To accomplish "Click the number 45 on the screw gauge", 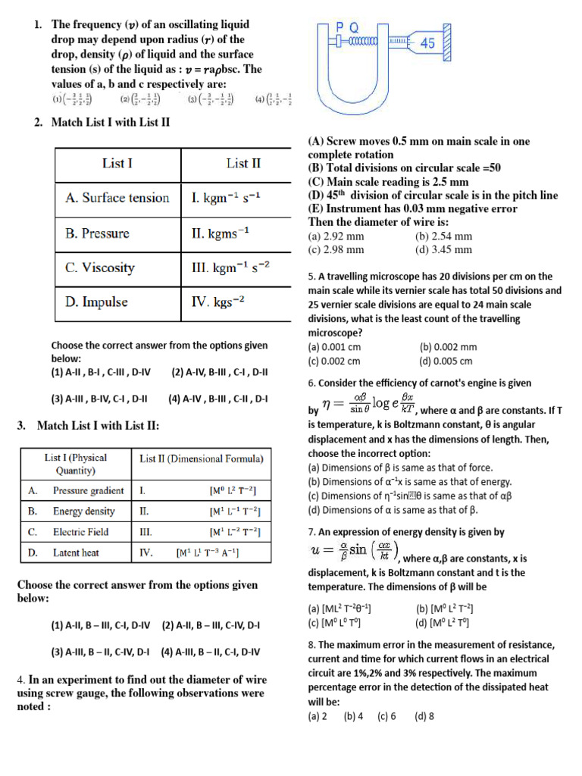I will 427,44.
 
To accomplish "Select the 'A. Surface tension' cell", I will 117,198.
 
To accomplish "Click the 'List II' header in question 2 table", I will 243,163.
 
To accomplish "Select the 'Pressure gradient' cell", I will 88,490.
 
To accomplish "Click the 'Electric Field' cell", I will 80,532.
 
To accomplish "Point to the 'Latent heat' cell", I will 76,552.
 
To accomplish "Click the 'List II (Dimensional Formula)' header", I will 202,458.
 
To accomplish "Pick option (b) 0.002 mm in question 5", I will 448,347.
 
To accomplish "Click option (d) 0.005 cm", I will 446,361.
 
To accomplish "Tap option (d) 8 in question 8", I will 424,715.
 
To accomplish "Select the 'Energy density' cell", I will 83,512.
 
